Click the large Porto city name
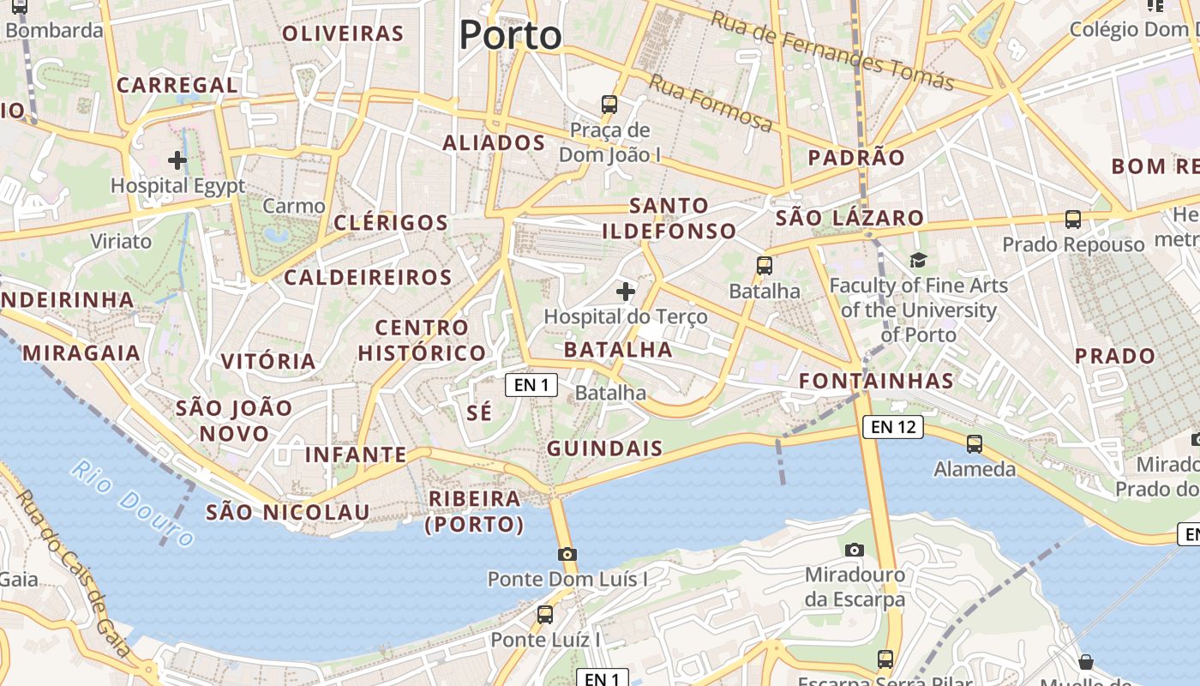pos(510,35)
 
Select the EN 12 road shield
pos(892,426)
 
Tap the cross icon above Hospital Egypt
pos(177,160)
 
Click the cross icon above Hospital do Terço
pos(626,292)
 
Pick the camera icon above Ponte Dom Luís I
pos(567,554)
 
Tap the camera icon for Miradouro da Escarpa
pos(854,550)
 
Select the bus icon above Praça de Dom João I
pos(609,105)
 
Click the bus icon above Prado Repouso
pos(1072,219)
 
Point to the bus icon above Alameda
pos(975,444)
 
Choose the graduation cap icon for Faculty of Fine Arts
pos(918,260)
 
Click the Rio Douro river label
pos(133,502)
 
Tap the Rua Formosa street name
pos(711,102)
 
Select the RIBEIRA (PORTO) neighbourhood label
pos(474,511)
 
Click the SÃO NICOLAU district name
pos(288,513)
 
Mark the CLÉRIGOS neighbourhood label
pos(391,223)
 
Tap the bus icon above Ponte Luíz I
pos(545,614)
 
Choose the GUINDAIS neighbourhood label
pos(605,448)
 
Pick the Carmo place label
pos(294,206)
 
